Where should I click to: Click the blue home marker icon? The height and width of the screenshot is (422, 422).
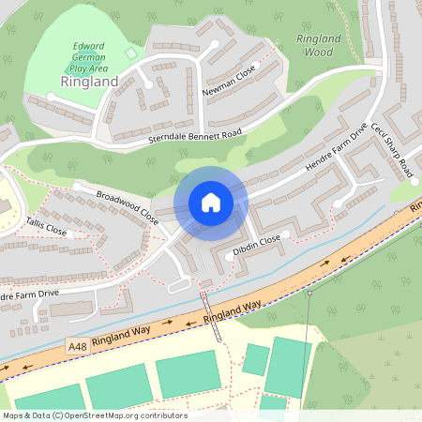pyautogui.click(x=211, y=203)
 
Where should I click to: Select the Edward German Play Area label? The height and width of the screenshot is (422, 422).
pyautogui.click(x=89, y=56)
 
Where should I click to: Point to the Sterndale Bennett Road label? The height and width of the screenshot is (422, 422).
pyautogui.click(x=195, y=134)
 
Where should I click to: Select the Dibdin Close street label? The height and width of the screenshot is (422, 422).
pyautogui.click(x=257, y=247)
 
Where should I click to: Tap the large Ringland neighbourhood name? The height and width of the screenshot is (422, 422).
pyautogui.click(x=89, y=82)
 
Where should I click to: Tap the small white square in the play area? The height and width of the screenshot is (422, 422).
pyautogui.click(x=131, y=53)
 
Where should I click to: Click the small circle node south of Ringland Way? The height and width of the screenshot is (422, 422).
pyautogui.click(x=309, y=294)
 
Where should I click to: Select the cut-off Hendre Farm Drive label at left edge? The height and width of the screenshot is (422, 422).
pyautogui.click(x=28, y=295)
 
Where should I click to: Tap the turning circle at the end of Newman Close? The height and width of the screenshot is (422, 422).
pyautogui.click(x=215, y=44)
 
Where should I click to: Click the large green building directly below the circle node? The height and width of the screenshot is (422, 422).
pyautogui.click(x=290, y=366)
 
